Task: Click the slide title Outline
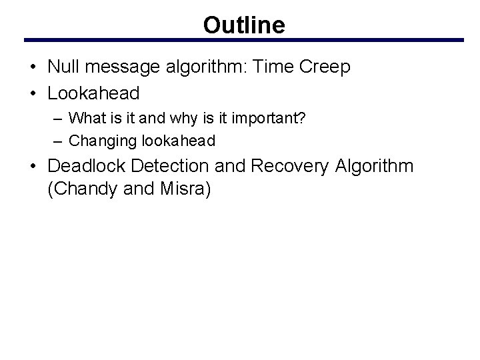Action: (244, 25)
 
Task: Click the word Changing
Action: (97, 140)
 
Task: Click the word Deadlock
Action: (85, 166)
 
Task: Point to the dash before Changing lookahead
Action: (59, 140)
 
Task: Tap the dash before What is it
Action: (59, 119)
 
